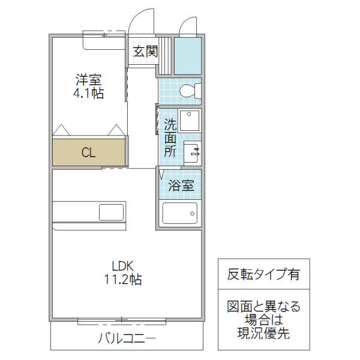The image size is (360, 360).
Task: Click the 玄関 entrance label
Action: pyautogui.click(x=145, y=52)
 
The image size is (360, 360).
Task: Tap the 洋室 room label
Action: pyautogui.click(x=89, y=79)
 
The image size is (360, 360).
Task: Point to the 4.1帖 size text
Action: pyautogui.click(x=89, y=94)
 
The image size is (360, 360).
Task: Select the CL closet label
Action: pyautogui.click(x=88, y=152)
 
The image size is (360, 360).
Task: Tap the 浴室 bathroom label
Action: pyautogui.click(x=181, y=185)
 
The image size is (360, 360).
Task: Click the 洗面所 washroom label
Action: pyautogui.click(x=170, y=138)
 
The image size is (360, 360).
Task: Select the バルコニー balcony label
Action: pyautogui.click(x=126, y=338)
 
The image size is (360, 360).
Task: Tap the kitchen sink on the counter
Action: pyautogui.click(x=111, y=212)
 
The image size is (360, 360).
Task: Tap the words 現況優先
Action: pyautogui.click(x=263, y=334)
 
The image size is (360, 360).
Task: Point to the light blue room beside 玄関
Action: pyautogui.click(x=188, y=56)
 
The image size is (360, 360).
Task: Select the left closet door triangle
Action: pyautogui.click(x=61, y=130)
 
